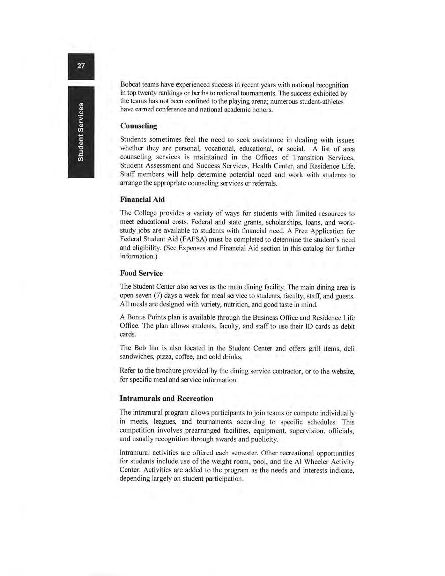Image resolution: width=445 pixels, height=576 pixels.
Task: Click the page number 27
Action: pyautogui.click(x=81, y=66)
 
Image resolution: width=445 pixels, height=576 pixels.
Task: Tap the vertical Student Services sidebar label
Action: pyautogui.click(x=81, y=132)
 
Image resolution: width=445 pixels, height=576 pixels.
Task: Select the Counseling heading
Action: pyautogui.click(x=139, y=126)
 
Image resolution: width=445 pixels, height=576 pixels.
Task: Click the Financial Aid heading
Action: pyautogui.click(x=142, y=199)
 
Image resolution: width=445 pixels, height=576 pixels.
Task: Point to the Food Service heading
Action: pyautogui.click(x=141, y=273)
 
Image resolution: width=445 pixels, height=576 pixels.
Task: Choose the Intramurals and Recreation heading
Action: pyautogui.click(x=166, y=398)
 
